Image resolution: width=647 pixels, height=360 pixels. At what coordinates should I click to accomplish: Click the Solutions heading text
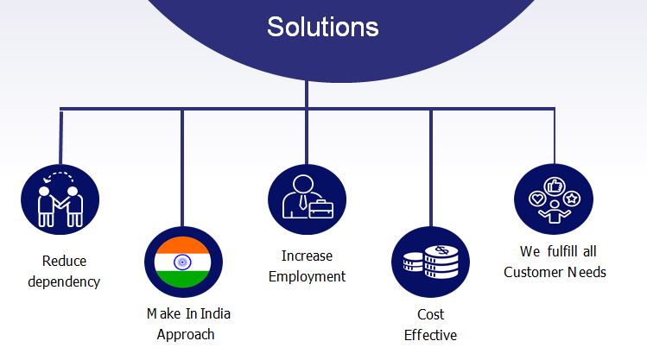[323, 27]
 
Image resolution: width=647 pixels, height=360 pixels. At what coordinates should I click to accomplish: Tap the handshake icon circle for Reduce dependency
[60, 199]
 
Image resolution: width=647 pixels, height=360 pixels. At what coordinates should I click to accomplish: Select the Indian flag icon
[183, 262]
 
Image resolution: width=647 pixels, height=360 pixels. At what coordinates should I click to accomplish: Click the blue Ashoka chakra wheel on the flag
[182, 262]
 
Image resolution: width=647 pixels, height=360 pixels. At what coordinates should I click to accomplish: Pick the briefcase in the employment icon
[321, 208]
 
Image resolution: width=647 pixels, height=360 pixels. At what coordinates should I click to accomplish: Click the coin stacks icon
[431, 262]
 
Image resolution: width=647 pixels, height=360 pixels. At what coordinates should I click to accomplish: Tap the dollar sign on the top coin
[442, 249]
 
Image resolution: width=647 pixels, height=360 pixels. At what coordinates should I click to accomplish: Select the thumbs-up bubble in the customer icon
[555, 186]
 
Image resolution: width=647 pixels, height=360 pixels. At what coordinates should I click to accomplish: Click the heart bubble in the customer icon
[537, 199]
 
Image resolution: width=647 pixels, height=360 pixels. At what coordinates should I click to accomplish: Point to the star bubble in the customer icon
[572, 199]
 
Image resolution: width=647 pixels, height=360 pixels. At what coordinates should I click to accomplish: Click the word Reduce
[64, 261]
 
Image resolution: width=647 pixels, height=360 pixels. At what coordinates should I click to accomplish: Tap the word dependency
[64, 282]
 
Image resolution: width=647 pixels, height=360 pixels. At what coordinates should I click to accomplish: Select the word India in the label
[215, 313]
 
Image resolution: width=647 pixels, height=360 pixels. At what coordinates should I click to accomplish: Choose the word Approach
[186, 334]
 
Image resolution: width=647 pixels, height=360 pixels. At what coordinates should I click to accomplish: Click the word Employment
[307, 277]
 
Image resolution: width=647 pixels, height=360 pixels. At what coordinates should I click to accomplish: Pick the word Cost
[431, 314]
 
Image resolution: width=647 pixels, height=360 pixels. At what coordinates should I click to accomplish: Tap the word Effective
[430, 335]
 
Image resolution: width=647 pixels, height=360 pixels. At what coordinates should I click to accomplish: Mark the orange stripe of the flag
[183, 244]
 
